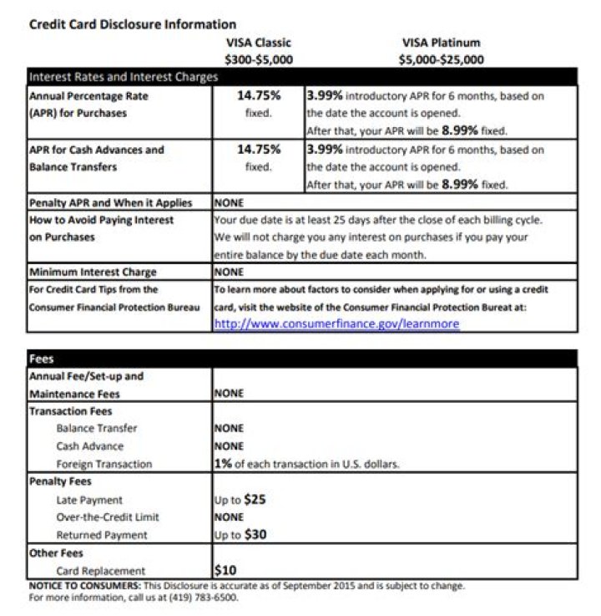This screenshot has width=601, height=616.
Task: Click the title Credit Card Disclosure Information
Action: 133,24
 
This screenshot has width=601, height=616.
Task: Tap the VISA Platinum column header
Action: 441,43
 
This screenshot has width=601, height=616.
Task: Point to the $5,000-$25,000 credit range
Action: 441,59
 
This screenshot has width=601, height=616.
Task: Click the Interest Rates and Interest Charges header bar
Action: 124,77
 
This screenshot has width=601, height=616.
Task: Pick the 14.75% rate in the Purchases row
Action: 259,96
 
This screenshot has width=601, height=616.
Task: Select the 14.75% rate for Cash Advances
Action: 259,150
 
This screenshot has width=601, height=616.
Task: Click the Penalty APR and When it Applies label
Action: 110,202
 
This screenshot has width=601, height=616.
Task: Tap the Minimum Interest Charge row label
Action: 93,272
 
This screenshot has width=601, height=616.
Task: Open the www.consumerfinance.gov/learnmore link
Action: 336,323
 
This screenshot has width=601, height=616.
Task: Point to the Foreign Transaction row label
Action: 104,464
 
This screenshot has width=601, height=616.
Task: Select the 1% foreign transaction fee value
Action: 222,464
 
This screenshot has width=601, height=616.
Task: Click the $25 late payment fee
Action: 255,500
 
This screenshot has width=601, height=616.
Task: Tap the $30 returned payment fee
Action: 255,535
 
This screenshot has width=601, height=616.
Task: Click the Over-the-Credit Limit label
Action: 108,517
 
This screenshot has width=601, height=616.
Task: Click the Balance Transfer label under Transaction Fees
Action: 97,429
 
